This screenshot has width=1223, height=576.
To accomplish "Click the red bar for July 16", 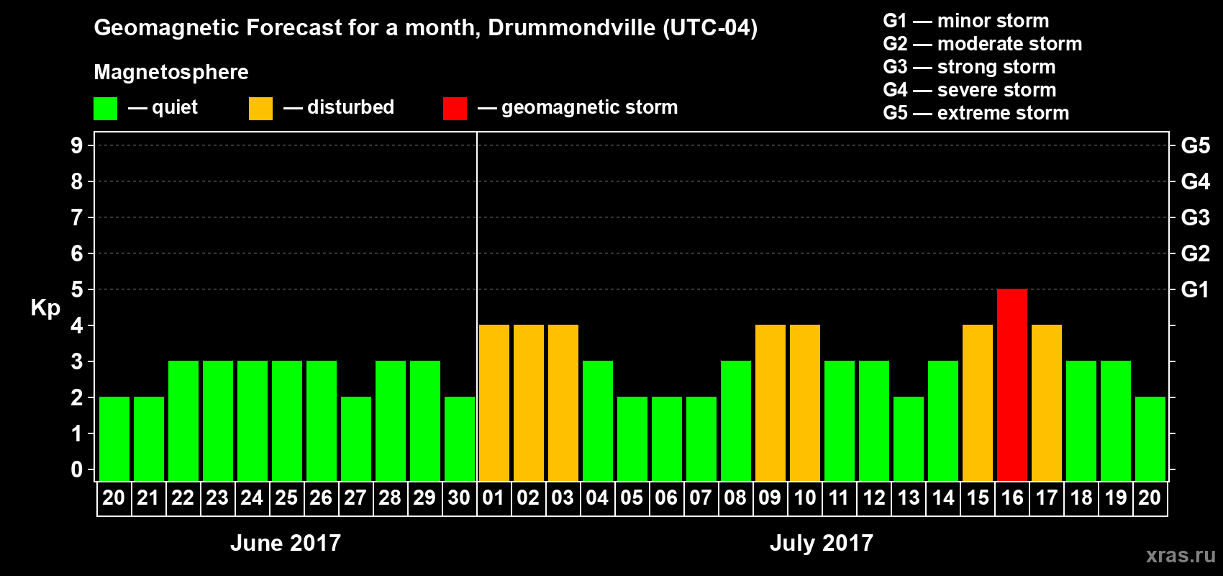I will coord(1012,384).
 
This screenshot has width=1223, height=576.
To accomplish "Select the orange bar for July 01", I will coord(494,402).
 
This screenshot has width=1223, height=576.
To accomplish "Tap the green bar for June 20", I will coord(114,438).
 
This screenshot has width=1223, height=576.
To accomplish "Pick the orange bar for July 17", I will coord(1047,402).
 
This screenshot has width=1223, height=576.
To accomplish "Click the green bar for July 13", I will coord(909,438).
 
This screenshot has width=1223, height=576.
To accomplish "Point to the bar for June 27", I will coord(356,438).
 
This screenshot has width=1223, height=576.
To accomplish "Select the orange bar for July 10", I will coord(805,402).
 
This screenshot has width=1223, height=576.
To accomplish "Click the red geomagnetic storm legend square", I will coord(455,109).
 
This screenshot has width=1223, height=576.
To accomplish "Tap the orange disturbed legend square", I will coord(260,109).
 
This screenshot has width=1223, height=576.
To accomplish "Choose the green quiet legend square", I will coord(105,109).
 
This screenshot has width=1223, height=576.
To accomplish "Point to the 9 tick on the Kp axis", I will coord(77,145).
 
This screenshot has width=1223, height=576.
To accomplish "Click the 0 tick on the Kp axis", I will coord(77,470).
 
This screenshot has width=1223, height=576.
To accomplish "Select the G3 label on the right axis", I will coord(1195,217).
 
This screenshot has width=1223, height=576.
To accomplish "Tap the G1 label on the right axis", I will coord(1195,289).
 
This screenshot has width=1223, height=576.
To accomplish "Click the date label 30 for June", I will coord(459,498).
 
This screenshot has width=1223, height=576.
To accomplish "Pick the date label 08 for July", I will coord(735,498).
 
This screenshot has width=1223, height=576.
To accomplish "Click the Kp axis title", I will coord(45,308).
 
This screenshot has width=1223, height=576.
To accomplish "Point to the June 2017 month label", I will coord(286,543).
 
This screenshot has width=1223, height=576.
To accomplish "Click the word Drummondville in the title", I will coord(572,28).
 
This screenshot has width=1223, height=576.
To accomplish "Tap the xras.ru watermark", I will coord(1181,555).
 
